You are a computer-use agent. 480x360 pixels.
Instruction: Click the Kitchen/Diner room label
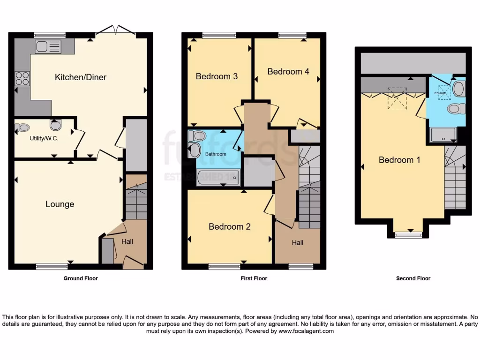[x=81, y=77]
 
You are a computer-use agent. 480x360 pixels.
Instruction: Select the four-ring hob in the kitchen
[x=22, y=78]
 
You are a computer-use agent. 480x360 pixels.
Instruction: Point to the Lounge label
[x=60, y=204]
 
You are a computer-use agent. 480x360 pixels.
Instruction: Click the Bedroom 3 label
[x=213, y=76]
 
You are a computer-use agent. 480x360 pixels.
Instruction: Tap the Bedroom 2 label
[x=230, y=227]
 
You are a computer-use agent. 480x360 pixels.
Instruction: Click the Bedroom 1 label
[x=399, y=160]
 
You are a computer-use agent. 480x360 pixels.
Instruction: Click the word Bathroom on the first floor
[x=215, y=154]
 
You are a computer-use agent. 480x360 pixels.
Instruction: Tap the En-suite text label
[x=440, y=93]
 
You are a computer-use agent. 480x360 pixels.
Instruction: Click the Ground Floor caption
[x=81, y=278]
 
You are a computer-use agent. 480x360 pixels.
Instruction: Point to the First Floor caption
[x=254, y=278]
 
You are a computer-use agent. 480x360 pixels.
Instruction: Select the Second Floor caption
[x=413, y=278]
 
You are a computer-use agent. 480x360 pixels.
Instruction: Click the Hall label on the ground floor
[x=127, y=242]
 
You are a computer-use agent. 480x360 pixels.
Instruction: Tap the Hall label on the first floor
[x=298, y=243]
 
